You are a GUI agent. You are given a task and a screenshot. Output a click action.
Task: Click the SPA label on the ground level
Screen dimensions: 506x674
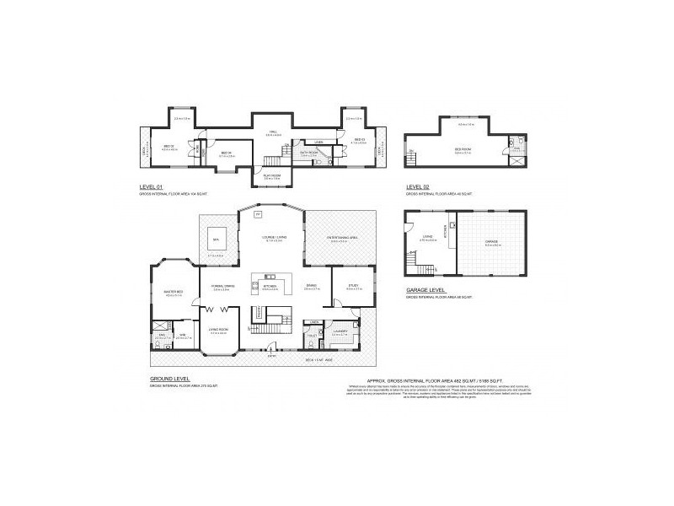tap(216, 239)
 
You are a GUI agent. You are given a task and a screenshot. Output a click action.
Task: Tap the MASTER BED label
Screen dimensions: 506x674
tap(174, 292)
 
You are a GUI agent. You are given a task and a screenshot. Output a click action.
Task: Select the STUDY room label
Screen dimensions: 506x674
tap(352, 285)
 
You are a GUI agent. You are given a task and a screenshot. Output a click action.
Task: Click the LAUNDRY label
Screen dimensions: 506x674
tap(340, 331)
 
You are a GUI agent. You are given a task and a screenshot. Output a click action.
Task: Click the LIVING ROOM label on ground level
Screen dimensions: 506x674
tap(218, 330)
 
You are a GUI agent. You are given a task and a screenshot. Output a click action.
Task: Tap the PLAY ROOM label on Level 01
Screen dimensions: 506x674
tap(271, 175)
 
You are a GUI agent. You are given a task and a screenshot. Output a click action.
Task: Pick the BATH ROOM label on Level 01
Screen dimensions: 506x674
tap(308, 152)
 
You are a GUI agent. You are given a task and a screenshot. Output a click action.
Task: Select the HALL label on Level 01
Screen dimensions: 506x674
tap(273, 132)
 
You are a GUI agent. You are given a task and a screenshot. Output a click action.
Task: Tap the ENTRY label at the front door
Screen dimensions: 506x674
tap(271, 355)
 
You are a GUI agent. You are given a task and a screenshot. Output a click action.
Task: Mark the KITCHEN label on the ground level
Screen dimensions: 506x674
tap(270, 286)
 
